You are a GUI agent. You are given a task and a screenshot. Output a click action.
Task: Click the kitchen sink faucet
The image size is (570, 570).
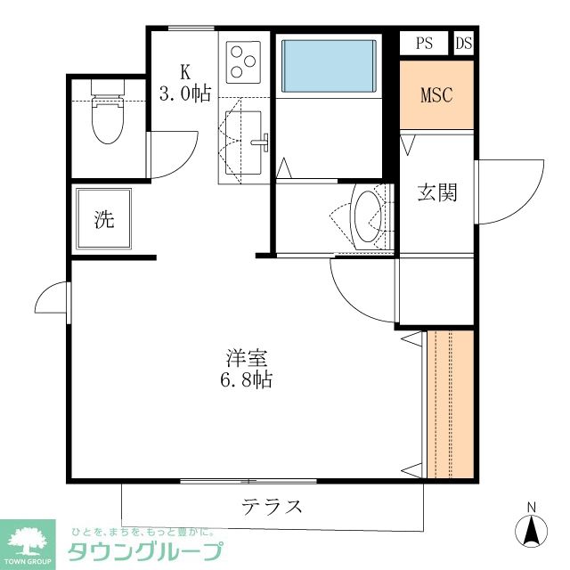[264, 141]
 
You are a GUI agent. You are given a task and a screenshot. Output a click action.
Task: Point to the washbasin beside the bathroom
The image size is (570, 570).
[367, 217]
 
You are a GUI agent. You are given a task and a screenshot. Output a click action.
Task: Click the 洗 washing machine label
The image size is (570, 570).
[104, 219]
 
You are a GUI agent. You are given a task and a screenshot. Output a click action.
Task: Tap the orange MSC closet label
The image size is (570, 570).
[436, 94]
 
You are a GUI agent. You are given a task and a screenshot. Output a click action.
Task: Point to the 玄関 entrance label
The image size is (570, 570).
[437, 191]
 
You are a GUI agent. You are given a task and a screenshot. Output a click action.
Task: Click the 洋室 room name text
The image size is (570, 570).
[247, 359]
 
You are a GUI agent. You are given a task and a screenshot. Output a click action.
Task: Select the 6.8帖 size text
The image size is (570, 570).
[247, 380]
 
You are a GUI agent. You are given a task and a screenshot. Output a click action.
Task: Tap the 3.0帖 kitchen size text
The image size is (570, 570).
[185, 93]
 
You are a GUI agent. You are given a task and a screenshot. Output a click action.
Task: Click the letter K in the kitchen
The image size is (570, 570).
[185, 71]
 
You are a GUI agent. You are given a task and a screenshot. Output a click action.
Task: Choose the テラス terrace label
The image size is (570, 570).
[272, 508]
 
